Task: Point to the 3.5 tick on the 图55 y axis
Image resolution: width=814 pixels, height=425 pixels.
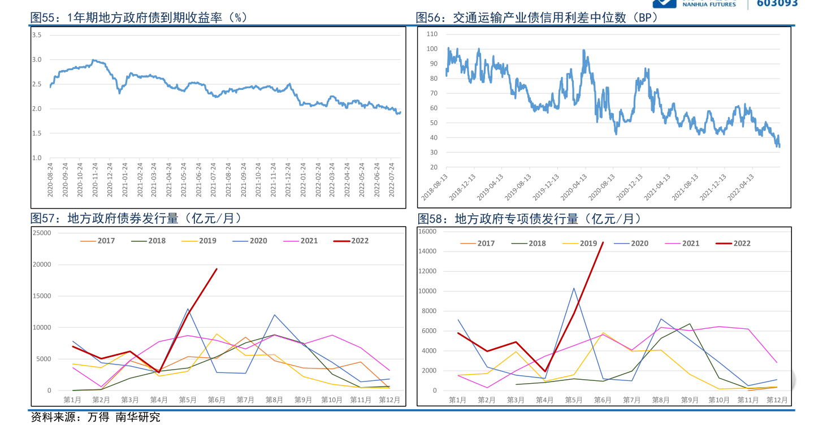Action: pyautogui.click(x=37, y=35)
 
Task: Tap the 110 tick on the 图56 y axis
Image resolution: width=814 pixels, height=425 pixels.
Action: pyautogui.click(x=432, y=34)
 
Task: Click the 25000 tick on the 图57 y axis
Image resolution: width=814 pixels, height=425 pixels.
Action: pyautogui.click(x=41, y=233)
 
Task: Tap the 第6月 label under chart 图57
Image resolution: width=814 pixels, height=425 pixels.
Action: pyautogui.click(x=217, y=400)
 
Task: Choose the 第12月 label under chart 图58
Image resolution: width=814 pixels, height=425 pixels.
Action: pyautogui.click(x=777, y=400)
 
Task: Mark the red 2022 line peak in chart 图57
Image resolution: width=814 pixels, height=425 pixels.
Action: pyautogui.click(x=217, y=269)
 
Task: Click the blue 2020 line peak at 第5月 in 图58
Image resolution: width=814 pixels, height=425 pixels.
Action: pyautogui.click(x=574, y=288)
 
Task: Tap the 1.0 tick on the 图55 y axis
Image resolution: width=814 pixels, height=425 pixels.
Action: pyautogui.click(x=37, y=158)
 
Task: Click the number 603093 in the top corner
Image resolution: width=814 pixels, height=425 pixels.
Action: pyautogui.click(x=777, y=3)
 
